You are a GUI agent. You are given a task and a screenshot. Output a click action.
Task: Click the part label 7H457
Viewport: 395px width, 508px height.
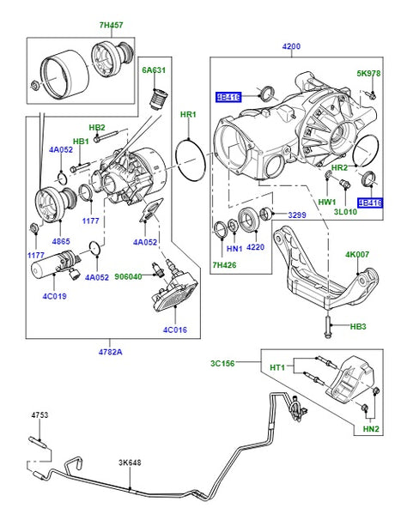pos(112,25)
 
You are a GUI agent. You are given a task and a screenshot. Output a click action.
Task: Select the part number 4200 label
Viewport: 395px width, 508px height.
pos(291,46)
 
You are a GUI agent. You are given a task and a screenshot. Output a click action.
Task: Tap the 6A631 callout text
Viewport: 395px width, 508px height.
pos(154,70)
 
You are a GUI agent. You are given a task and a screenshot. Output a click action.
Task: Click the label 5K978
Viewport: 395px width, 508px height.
pos(368,74)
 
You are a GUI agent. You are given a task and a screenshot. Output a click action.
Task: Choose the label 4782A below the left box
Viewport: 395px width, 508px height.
pos(110,352)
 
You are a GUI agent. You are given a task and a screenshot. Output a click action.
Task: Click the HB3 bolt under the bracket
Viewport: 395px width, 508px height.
pos(328,326)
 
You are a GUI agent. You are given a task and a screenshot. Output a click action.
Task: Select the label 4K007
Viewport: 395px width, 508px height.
pos(357,254)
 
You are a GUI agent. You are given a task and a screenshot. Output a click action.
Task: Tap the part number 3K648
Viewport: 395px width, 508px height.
pos(130,463)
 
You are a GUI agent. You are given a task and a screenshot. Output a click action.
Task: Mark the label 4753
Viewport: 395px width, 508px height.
pos(39,415)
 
